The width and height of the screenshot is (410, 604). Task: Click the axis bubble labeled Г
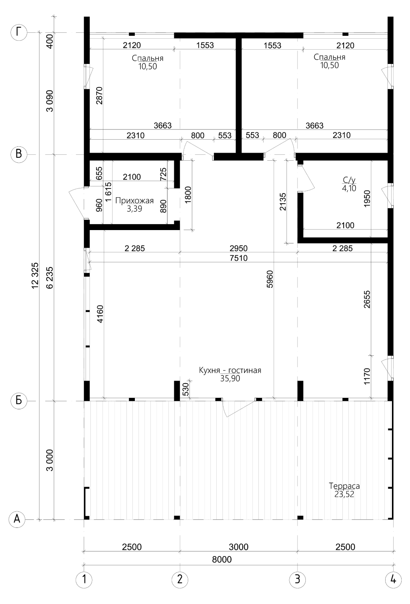18,33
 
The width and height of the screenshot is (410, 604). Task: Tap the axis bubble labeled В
18,154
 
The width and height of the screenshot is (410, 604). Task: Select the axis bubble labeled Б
18,401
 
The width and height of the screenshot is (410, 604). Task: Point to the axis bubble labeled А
17,519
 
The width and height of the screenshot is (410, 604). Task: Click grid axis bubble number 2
180,579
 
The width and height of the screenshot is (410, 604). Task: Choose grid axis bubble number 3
297,579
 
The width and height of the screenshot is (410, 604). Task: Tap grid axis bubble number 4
393,579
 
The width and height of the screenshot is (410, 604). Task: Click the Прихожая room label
134,201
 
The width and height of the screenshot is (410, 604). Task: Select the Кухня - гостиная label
230,370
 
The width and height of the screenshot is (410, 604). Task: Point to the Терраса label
344,486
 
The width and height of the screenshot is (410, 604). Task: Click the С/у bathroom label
349,180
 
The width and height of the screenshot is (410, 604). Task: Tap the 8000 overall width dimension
222,559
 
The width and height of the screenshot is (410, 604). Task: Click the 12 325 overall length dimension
35,276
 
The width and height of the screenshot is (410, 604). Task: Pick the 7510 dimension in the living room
239,258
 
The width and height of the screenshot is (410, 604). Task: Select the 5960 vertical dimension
270,279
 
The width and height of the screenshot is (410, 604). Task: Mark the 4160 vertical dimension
100,314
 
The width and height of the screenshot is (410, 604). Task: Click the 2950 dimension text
239,248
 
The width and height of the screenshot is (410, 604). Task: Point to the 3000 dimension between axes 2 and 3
239,547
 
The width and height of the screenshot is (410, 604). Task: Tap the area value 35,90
230,378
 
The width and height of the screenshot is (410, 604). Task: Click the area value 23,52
344,494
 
